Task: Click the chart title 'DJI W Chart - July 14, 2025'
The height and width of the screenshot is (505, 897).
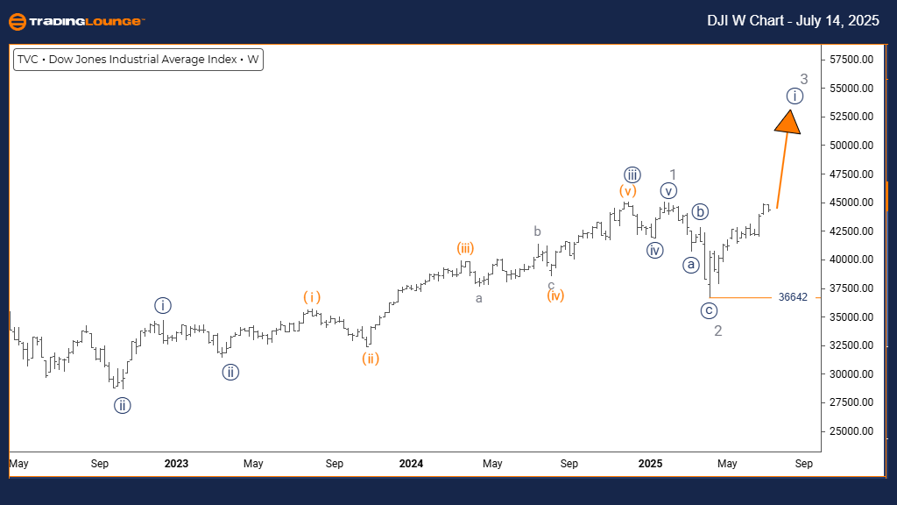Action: pyautogui.click(x=793, y=21)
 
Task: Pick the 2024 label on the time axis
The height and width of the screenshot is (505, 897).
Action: pyautogui.click(x=411, y=463)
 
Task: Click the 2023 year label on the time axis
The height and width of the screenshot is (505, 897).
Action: pyautogui.click(x=176, y=463)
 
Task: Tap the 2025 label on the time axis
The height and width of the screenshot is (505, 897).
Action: pyautogui.click(x=650, y=463)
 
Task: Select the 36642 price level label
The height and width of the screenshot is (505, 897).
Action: pyautogui.click(x=792, y=298)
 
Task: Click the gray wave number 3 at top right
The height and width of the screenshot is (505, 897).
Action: pyautogui.click(x=803, y=80)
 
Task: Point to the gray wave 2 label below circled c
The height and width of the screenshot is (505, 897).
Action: pyautogui.click(x=717, y=331)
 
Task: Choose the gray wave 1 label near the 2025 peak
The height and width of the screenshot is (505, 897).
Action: pyautogui.click(x=673, y=174)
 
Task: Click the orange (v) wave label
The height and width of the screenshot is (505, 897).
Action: pyautogui.click(x=627, y=190)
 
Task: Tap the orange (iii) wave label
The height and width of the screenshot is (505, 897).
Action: pyautogui.click(x=465, y=248)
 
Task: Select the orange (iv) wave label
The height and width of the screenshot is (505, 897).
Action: pyautogui.click(x=554, y=295)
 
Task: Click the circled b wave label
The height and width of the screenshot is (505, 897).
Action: pyautogui.click(x=699, y=211)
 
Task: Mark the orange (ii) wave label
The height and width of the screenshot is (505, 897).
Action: pyautogui.click(x=371, y=358)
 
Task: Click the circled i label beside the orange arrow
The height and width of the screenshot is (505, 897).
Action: pyautogui.click(x=794, y=96)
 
